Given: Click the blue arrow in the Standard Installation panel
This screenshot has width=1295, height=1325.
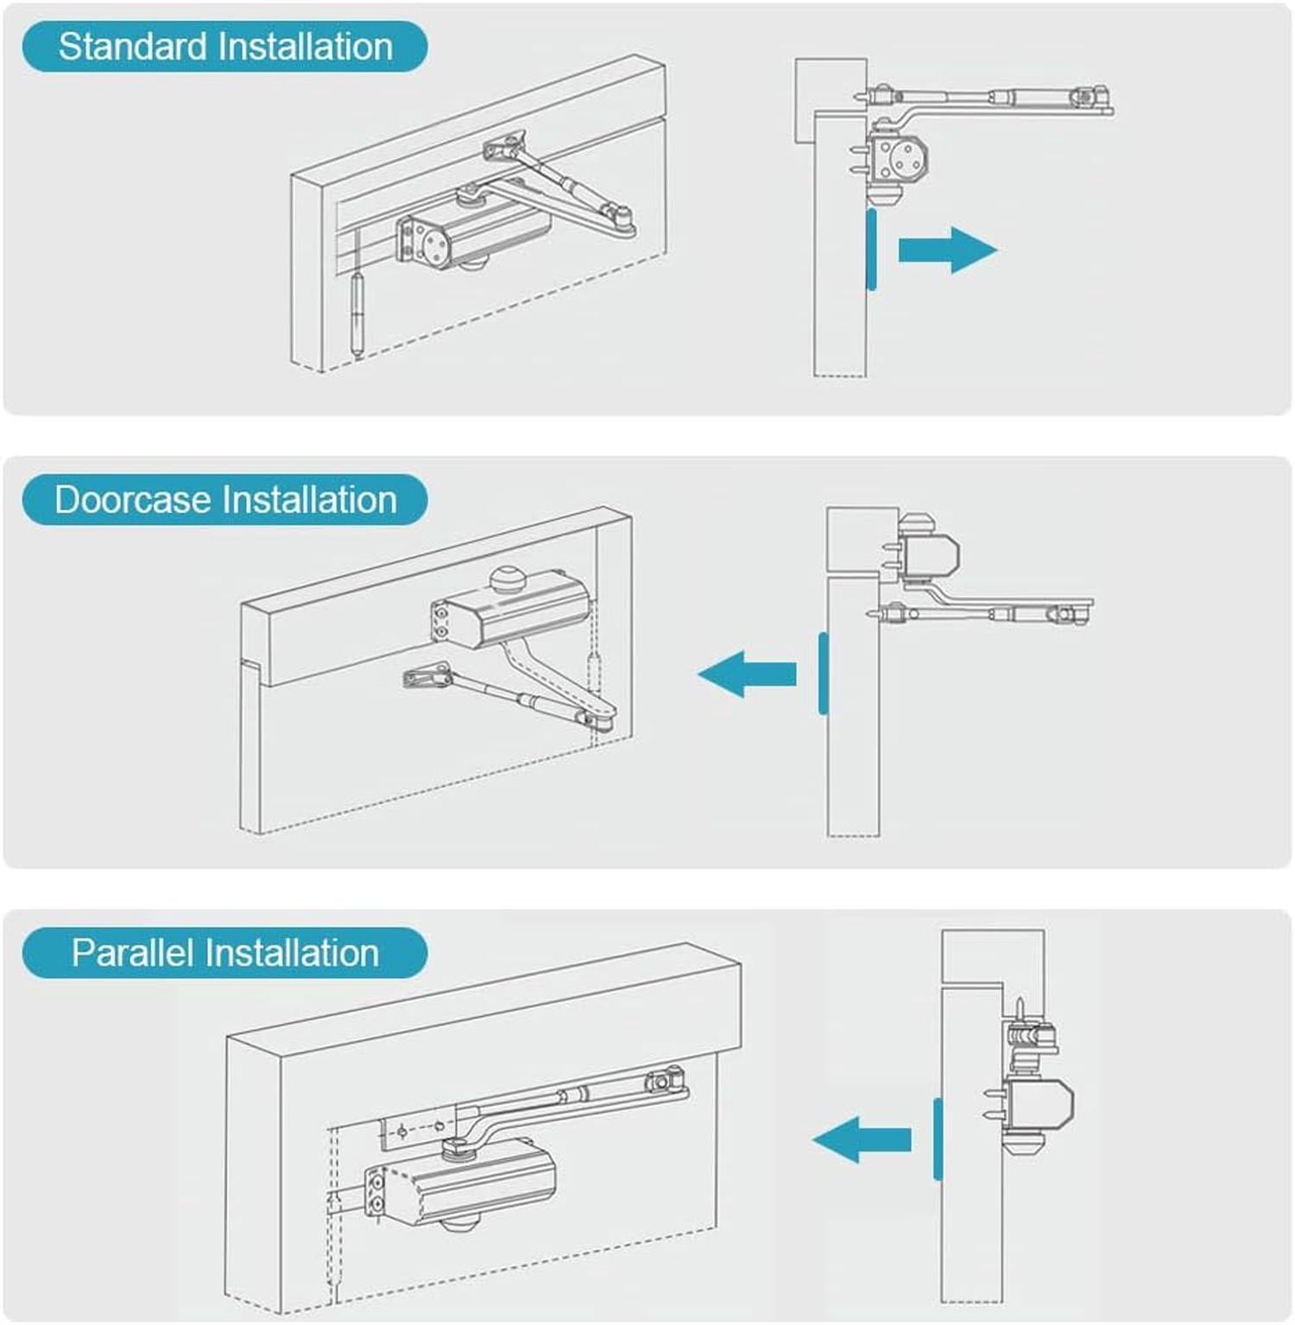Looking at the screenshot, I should click(x=947, y=250).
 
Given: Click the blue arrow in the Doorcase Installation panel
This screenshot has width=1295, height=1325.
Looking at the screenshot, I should click(x=748, y=674).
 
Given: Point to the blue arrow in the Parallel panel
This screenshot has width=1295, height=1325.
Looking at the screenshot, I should click(x=862, y=1139).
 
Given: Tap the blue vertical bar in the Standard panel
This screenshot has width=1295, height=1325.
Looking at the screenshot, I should click(x=872, y=250).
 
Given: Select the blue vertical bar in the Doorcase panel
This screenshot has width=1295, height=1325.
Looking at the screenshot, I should click(x=824, y=674).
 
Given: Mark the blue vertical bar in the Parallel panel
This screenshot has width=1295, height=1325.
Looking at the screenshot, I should click(x=938, y=1139).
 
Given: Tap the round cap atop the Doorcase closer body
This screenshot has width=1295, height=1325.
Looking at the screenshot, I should click(x=508, y=578).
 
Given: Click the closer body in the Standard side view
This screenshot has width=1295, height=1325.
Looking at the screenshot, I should click(x=898, y=160).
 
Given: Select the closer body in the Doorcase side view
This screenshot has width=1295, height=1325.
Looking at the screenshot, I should click(x=929, y=553).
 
